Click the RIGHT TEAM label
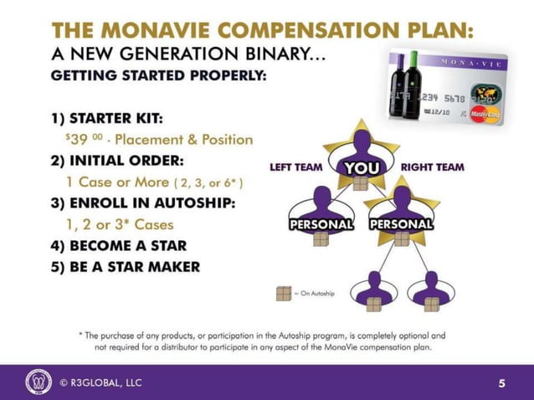click(x=432, y=167)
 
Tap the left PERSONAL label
click(x=321, y=224)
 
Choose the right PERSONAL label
click(x=401, y=224)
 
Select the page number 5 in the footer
click(x=501, y=383)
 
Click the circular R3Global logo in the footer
click(x=39, y=382)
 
